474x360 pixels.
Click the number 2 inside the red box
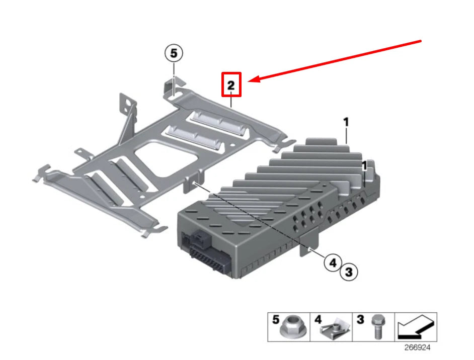tap(231, 85)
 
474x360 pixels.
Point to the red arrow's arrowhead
tap(254, 79)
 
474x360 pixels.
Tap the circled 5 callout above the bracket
tap(174, 53)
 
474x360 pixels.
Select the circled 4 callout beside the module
tap(332, 262)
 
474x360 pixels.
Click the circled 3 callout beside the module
tap(349, 272)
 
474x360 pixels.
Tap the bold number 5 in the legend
tap(275, 319)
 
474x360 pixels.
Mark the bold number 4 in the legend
tap(318, 319)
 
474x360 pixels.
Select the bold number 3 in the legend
tap(360, 319)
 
